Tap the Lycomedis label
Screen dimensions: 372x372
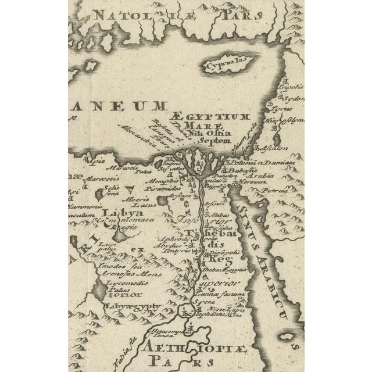click(x=123, y=284)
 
